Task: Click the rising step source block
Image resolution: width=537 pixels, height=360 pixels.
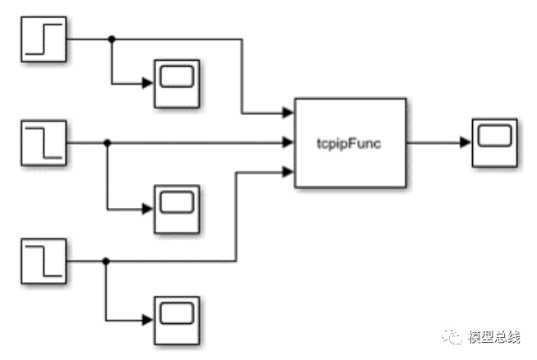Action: coord(44,38)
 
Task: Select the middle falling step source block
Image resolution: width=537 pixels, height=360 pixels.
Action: coord(44,142)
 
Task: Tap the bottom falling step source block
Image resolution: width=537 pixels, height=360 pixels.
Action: coord(44,260)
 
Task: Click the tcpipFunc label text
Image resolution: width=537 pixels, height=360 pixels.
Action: coord(350,142)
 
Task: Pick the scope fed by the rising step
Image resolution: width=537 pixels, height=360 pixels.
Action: coord(175,83)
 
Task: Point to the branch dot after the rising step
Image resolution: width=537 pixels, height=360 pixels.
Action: coord(112,38)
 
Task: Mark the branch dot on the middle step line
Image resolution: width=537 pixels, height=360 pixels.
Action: coord(107,142)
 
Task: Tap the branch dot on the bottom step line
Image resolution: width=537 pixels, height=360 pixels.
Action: coord(105,260)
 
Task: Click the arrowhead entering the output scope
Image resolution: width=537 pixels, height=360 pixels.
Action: coord(466,142)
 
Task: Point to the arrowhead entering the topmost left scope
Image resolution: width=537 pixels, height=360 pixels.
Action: coord(148,83)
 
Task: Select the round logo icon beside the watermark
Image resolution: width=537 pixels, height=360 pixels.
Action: coord(453,337)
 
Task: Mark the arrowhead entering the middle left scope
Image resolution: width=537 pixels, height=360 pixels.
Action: coord(148,209)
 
